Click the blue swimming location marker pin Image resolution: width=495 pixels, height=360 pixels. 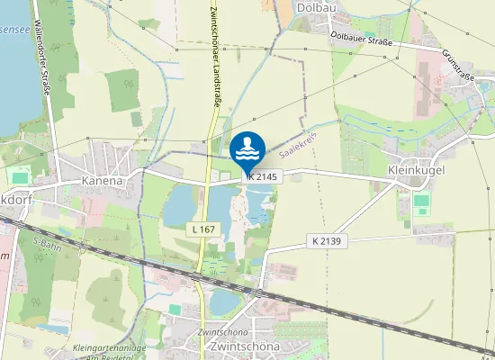(247, 149)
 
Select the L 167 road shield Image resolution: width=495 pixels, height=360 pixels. (203, 229)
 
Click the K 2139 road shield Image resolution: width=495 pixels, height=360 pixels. (328, 240)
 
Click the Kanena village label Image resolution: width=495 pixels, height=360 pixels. (101, 180)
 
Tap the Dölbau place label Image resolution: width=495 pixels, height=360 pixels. (315, 7)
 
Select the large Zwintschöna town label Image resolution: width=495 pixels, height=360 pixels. (243, 346)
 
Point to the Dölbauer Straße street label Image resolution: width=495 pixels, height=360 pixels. (364, 35)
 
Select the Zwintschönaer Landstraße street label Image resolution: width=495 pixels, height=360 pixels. (214, 54)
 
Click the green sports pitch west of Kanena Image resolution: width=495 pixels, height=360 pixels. (19, 177)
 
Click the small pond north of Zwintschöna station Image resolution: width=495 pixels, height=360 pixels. (222, 301)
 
